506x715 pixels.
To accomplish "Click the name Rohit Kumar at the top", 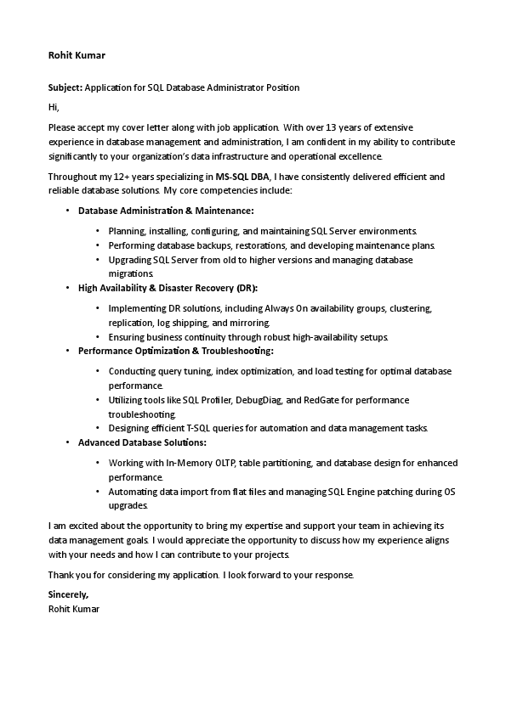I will [77, 55].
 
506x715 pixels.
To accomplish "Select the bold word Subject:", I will [65, 87].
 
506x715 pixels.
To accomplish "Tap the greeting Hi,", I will [54, 107].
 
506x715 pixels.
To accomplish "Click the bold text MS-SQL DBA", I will [242, 177].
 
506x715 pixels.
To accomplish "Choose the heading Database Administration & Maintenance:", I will [166, 210].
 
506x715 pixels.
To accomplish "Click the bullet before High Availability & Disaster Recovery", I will [67, 288].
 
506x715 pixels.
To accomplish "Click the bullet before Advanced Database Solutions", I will [67, 442].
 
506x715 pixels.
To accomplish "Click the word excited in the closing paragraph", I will [86, 526].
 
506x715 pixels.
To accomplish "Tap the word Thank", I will [61, 576].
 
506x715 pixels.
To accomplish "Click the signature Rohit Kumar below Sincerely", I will [74, 608].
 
